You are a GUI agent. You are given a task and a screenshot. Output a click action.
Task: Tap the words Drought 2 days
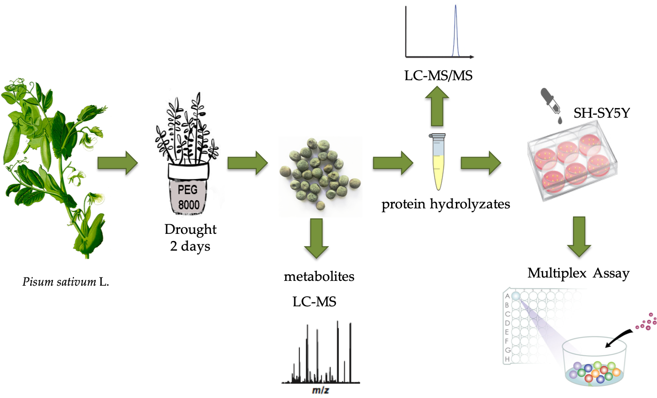coord(191,238)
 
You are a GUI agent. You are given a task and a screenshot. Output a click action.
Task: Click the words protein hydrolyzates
coord(446,205)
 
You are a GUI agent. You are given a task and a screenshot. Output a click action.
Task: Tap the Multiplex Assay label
coord(578,273)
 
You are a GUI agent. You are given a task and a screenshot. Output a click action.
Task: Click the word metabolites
coord(319,277)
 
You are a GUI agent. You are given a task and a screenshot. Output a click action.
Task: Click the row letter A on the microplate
coord(507,296)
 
